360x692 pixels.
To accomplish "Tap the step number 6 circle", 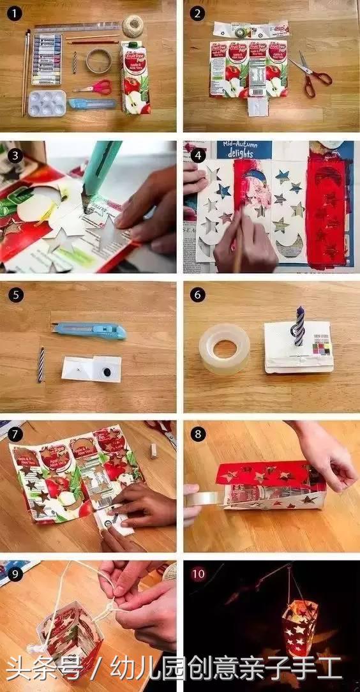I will tap(197, 296).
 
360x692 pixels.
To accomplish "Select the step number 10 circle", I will tap(199, 573).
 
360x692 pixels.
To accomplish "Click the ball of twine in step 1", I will tap(133, 26).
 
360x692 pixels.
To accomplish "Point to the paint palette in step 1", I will tap(47, 102).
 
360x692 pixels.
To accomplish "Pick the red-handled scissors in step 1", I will tap(94, 87).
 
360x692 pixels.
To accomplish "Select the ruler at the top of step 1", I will tap(77, 27).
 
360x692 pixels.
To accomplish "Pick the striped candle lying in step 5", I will tap(41, 364).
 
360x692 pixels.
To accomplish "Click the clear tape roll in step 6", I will tap(224, 349).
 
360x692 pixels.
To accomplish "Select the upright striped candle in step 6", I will tap(299, 326).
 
